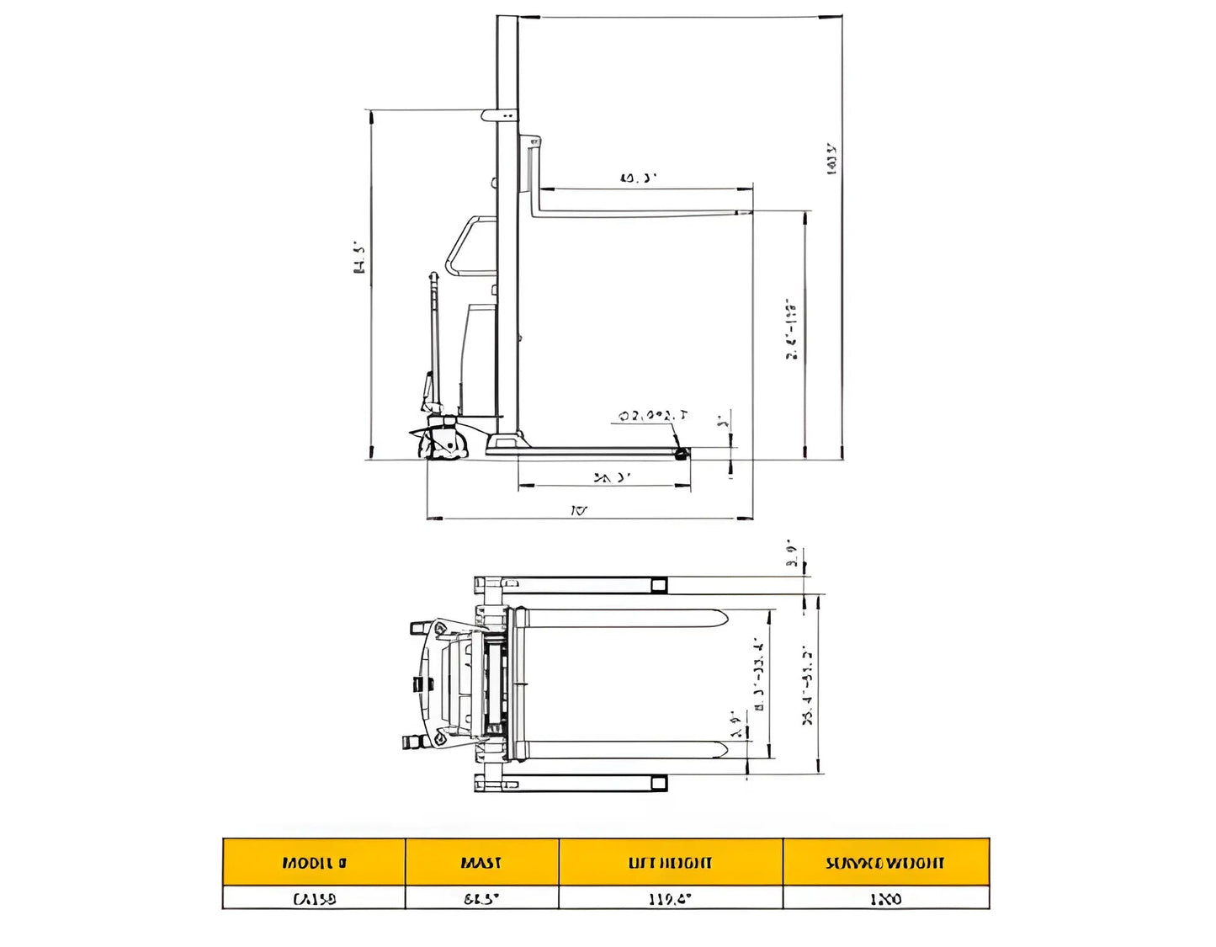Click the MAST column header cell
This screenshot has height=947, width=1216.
pyautogui.click(x=481, y=862)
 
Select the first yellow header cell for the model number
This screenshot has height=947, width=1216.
pyautogui.click(x=314, y=862)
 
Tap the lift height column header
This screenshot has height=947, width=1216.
pyautogui.click(x=671, y=862)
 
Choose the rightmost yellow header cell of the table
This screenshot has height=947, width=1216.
pyautogui.click(x=885, y=862)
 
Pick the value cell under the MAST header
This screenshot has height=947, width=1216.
pyautogui.click(x=481, y=898)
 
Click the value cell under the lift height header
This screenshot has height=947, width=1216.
pyautogui.click(x=671, y=898)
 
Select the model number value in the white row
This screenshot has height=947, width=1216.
pyautogui.click(x=314, y=898)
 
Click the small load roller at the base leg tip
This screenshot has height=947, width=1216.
pyautogui.click(x=680, y=454)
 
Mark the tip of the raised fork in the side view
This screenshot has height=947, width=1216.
pyautogui.click(x=745, y=213)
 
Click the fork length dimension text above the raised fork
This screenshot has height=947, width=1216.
pyautogui.click(x=638, y=178)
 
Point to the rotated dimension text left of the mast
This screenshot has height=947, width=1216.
pyautogui.click(x=359, y=258)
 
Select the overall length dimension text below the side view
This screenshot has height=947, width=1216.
pyautogui.click(x=579, y=510)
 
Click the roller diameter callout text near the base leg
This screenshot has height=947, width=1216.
pyautogui.click(x=653, y=416)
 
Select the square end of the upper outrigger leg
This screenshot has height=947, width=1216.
pyautogui.click(x=659, y=585)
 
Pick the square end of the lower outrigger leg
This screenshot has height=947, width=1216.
pyautogui.click(x=659, y=784)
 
